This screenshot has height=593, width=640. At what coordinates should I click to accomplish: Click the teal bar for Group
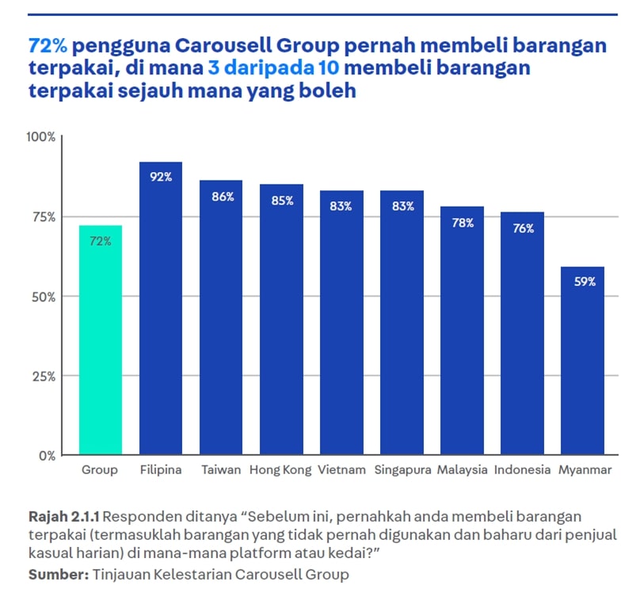coord(100,341)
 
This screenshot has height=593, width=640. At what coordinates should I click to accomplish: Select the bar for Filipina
coord(161,309)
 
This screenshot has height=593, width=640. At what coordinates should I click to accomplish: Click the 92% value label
coord(161,177)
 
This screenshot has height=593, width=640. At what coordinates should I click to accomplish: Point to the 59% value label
coord(582,281)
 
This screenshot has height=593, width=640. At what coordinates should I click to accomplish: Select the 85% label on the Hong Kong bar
coord(281,201)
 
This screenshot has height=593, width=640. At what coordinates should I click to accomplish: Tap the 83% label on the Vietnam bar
coord(341,206)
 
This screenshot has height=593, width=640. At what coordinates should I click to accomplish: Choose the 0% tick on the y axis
coord(46,456)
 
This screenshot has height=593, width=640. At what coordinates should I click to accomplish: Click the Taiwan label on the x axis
coord(221,470)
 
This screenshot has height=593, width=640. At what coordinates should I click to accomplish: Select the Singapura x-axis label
coord(402,470)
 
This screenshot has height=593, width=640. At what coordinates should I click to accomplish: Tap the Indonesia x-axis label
coord(522,470)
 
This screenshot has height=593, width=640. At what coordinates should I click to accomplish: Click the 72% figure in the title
coord(48,45)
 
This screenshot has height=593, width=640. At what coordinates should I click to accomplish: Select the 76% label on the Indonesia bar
coord(522,228)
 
